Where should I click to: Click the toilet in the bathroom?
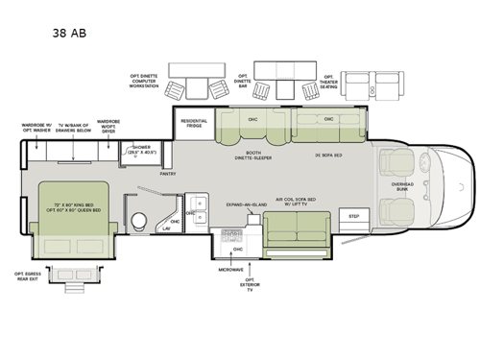(140, 220)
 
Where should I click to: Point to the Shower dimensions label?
(142, 150)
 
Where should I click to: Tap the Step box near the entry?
(354, 216)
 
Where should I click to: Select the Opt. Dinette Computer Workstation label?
(144, 81)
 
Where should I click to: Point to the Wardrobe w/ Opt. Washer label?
(37, 128)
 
